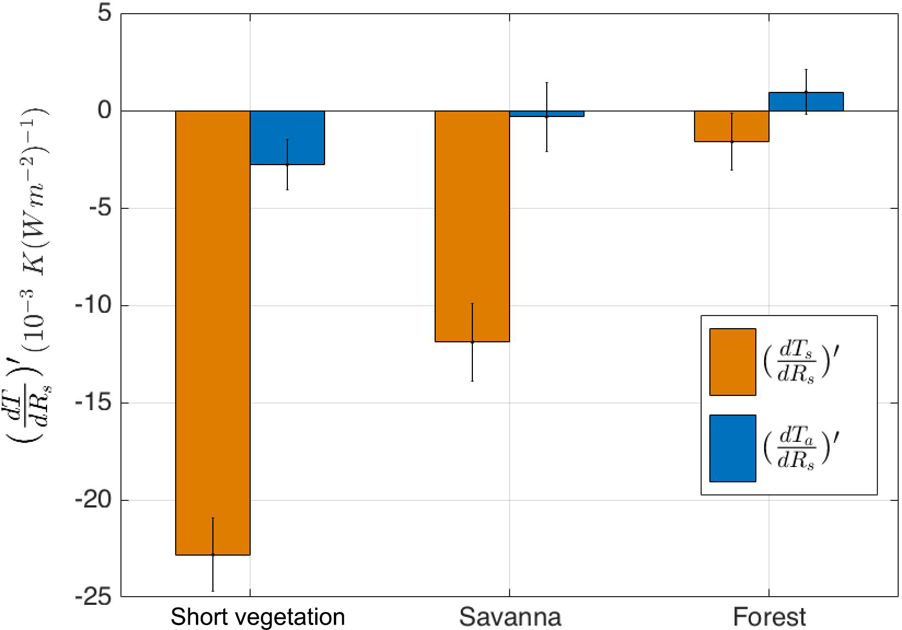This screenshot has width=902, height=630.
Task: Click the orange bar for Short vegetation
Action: pyautogui.click(x=212, y=332)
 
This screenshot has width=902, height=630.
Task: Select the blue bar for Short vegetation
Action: pyautogui.click(x=287, y=138)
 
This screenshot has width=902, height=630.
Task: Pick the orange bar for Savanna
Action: pyautogui.click(x=472, y=226)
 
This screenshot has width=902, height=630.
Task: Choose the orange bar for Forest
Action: pyautogui.click(x=731, y=126)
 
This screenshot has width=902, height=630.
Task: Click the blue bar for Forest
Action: pyautogui.click(x=806, y=102)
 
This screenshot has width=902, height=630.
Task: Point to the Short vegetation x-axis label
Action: pyautogui.click(x=258, y=617)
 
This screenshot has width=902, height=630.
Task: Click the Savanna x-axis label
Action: pyautogui.click(x=510, y=617)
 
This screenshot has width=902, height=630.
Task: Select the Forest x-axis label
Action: pyautogui.click(x=769, y=617)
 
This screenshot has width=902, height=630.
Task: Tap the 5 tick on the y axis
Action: pyautogui.click(x=105, y=14)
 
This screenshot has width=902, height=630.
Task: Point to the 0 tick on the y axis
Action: pyautogui.click(x=105, y=111)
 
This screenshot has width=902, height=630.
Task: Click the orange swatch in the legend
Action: pyautogui.click(x=732, y=361)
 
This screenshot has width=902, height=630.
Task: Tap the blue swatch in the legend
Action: pyautogui.click(x=732, y=448)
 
